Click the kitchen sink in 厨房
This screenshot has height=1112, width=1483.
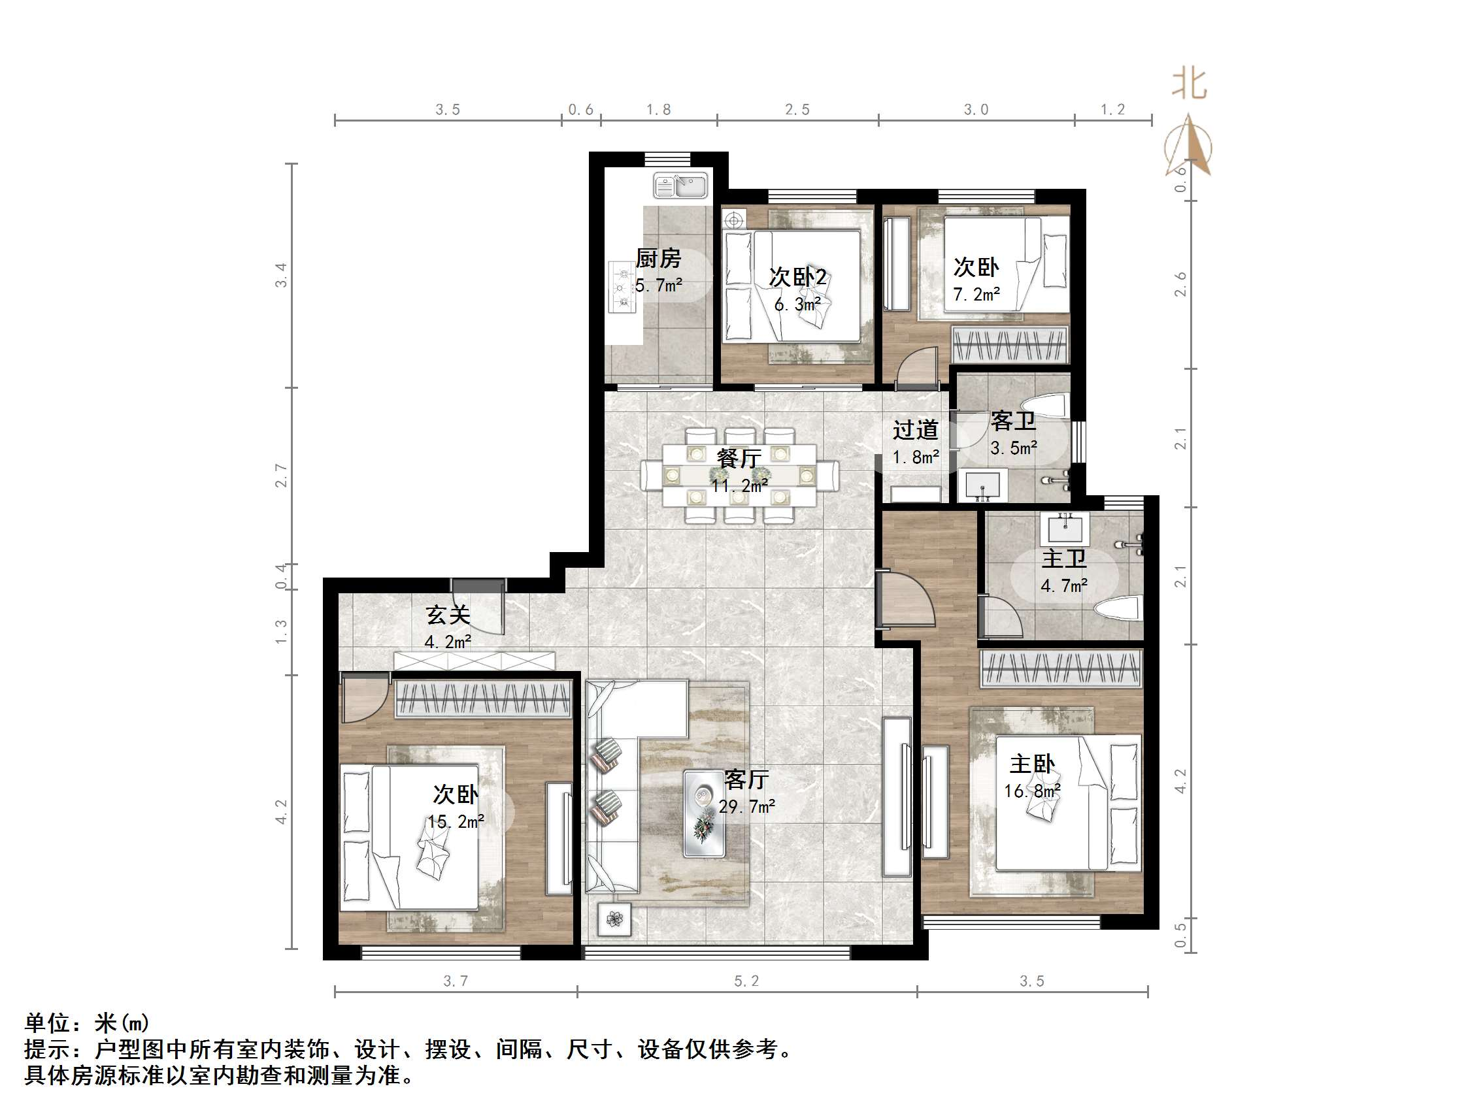pyautogui.click(x=680, y=186)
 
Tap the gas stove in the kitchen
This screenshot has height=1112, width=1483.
pyautogui.click(x=623, y=287)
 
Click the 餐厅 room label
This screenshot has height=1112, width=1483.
pyautogui.click(x=738, y=459)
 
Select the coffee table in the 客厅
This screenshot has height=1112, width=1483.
pyautogui.click(x=704, y=813)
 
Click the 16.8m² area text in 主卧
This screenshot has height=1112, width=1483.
pyautogui.click(x=1032, y=791)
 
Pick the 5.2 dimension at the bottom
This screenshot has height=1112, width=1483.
pyautogui.click(x=746, y=981)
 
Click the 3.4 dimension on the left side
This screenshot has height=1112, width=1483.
pyautogui.click(x=282, y=275)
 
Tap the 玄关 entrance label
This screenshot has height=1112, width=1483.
pyautogui.click(x=448, y=615)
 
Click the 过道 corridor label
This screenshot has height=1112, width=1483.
pyautogui.click(x=915, y=430)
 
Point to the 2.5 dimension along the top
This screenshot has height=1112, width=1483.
pyautogui.click(x=797, y=109)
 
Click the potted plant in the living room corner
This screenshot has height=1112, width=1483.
pyautogui.click(x=614, y=919)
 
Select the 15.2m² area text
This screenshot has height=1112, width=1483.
pyautogui.click(x=456, y=821)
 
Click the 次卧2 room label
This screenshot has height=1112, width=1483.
pyautogui.click(x=798, y=277)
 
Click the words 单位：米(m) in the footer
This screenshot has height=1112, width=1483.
pyautogui.click(x=87, y=1023)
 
